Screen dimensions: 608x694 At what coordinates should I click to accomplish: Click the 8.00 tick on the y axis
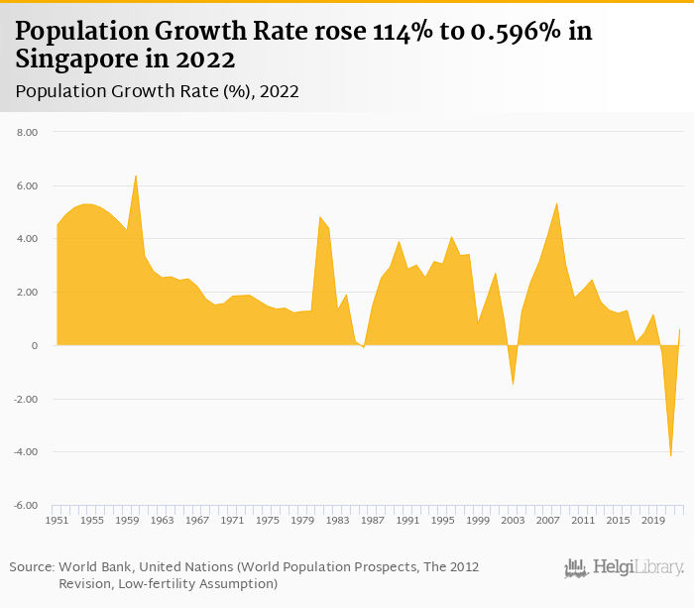click(27, 132)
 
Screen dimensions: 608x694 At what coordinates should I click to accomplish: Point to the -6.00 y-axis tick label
click(26, 506)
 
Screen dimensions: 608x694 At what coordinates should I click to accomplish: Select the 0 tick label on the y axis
click(34, 346)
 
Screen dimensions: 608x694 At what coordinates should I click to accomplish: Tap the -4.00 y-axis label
click(26, 452)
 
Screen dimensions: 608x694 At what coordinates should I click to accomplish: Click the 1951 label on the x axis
click(58, 520)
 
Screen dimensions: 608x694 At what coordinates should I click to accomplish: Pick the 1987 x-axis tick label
click(373, 520)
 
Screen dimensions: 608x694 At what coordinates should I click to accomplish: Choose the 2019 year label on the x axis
click(653, 520)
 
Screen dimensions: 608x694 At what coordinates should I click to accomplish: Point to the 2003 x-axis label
click(513, 520)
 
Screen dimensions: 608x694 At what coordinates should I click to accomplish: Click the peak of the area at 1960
click(136, 176)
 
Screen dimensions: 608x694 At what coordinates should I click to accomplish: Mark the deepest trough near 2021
click(671, 456)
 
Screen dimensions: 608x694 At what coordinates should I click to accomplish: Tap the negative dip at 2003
click(513, 384)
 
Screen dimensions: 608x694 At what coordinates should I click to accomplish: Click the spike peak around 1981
click(319, 216)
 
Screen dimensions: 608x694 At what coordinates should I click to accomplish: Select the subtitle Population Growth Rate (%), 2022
click(158, 91)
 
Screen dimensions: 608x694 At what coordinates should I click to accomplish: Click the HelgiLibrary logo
click(624, 568)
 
